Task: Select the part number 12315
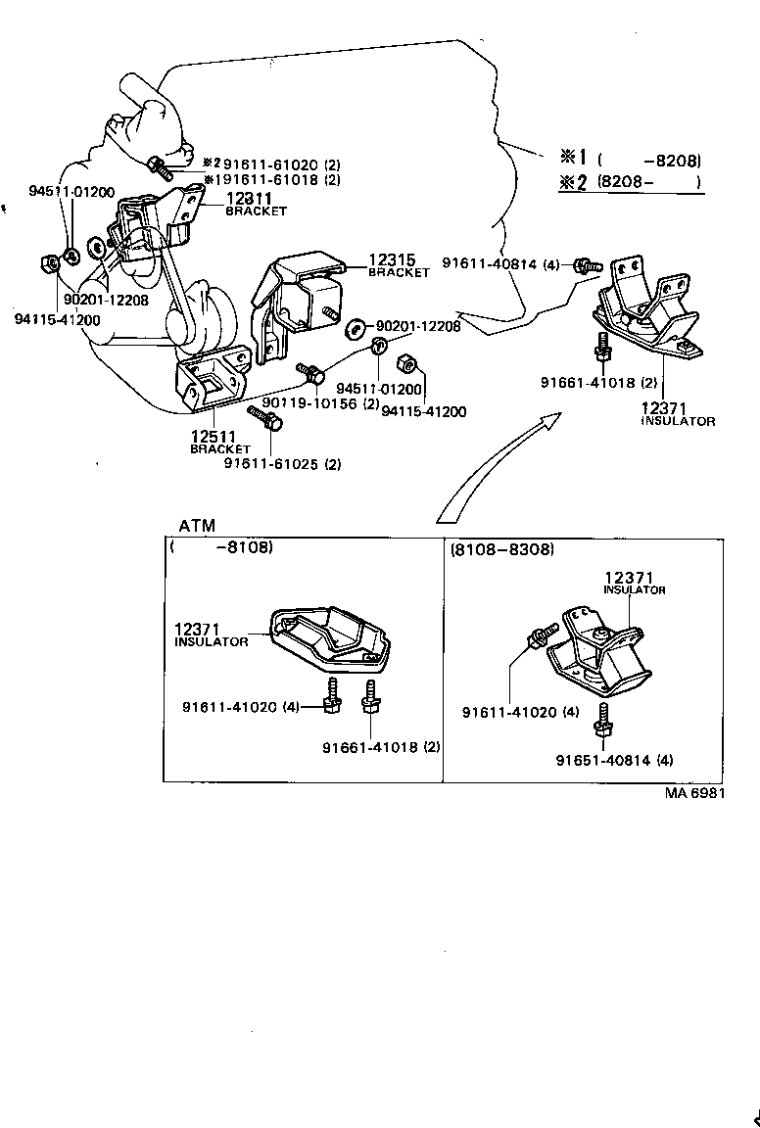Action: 392,260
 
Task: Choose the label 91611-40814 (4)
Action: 500,263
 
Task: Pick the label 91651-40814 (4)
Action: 614,760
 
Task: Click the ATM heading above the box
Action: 197,527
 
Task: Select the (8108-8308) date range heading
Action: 502,550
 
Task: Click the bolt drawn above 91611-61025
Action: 266,418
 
